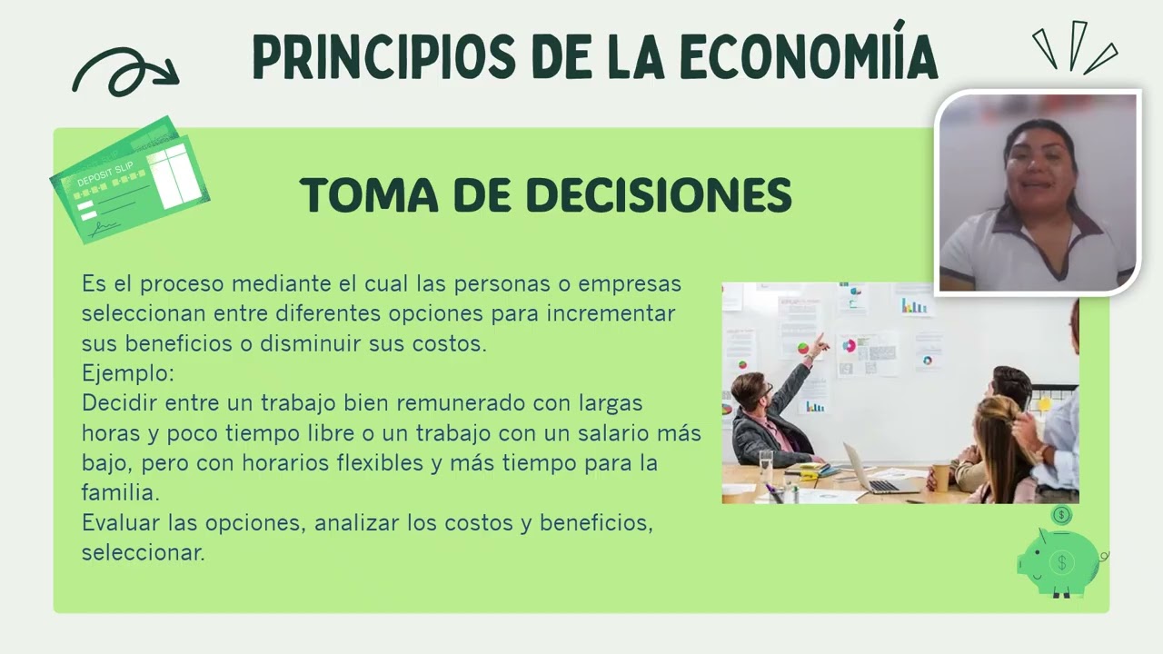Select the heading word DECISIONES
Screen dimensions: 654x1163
point(659,195)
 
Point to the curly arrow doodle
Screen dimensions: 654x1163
point(124,71)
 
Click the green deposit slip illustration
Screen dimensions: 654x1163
point(130,180)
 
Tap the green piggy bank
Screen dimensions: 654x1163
point(1059,562)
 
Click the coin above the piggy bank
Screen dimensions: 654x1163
point(1060,515)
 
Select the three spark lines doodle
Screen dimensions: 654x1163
point(1076,47)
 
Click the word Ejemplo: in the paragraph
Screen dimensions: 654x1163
point(127,373)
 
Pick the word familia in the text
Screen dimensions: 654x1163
point(118,492)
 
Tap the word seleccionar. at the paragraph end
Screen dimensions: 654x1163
point(143,552)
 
